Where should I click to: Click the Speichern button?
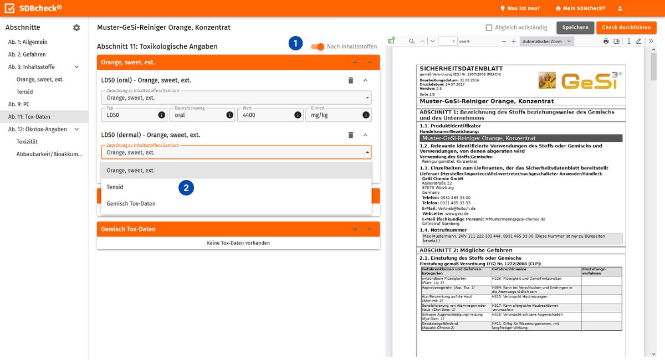click(575, 28)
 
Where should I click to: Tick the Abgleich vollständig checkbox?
click(489, 28)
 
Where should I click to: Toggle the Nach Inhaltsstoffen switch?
click(318, 47)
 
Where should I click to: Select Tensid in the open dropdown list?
click(115, 187)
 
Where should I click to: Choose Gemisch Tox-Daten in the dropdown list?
click(131, 204)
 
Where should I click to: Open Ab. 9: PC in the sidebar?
click(19, 104)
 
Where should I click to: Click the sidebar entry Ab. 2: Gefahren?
click(27, 54)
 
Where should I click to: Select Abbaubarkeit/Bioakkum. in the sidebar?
click(49, 154)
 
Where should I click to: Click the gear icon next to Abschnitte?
click(76, 28)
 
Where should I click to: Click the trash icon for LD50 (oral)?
click(350, 80)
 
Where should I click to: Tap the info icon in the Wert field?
click(298, 115)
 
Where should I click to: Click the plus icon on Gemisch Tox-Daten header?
click(355, 229)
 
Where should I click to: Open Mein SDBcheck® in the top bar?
click(580, 8)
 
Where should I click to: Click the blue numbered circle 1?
click(295, 44)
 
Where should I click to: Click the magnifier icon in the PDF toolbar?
click(411, 42)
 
